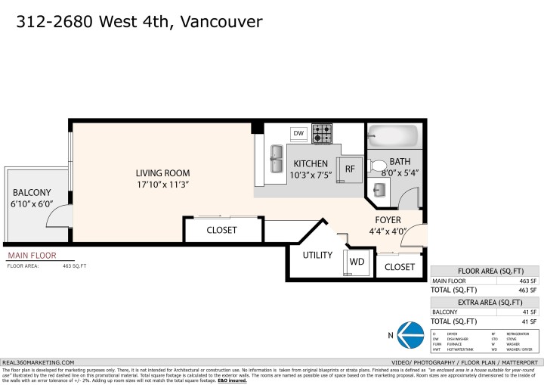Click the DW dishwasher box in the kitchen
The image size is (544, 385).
(x=298, y=134)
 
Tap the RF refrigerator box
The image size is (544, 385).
(x=350, y=169)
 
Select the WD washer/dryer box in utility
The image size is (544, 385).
(x=356, y=262)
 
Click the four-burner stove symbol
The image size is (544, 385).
(x=323, y=134)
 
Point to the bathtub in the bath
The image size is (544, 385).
(x=392, y=137)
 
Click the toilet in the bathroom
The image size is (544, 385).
(x=378, y=166)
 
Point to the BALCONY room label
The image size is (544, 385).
(x=31, y=193)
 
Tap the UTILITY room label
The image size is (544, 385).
(x=317, y=255)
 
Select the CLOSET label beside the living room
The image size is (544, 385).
(x=221, y=230)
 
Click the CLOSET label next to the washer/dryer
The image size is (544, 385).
(x=400, y=267)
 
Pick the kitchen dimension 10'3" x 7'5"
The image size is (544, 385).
(x=311, y=175)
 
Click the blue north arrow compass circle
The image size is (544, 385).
(x=410, y=334)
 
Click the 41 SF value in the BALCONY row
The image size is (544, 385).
(x=528, y=312)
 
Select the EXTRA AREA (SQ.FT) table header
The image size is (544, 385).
(x=487, y=301)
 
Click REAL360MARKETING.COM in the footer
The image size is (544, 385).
(x=39, y=362)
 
